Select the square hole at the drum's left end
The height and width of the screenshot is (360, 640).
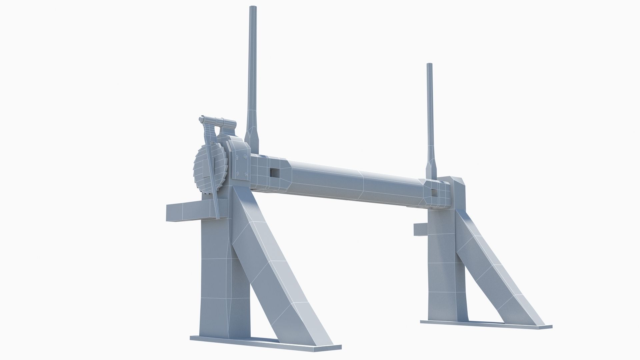pos(275,172)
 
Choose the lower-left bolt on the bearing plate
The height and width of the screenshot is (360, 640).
pos(237,173)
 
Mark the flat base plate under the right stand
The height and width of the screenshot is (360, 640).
pos(485,325)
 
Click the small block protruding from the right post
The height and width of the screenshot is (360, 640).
pos(419,229)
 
